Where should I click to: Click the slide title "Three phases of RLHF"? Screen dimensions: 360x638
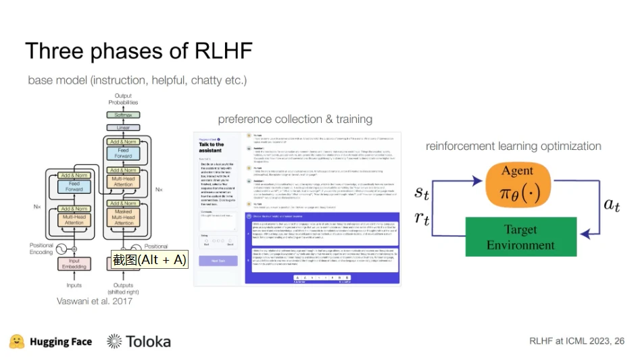pyautogui.click(x=139, y=51)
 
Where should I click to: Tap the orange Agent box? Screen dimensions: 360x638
pyautogui.click(x=517, y=184)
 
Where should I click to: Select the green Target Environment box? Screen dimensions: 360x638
pyautogui.click(x=521, y=236)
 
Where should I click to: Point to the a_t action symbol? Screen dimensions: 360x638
pyautogui.click(x=612, y=205)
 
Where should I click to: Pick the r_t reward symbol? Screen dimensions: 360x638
pyautogui.click(x=422, y=216)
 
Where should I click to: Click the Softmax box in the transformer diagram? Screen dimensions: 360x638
pyautogui.click(x=123, y=115)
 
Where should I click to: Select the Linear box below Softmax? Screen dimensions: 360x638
pyautogui.click(x=123, y=128)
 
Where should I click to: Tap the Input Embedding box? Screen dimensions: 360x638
pyautogui.click(x=74, y=264)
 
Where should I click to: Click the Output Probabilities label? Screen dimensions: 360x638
pyautogui.click(x=123, y=99)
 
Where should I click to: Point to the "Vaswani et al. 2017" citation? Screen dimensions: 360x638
pyautogui.click(x=95, y=301)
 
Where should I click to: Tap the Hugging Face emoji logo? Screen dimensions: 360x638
pyautogui.click(x=16, y=341)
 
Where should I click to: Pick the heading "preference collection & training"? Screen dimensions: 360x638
pyautogui.click(x=295, y=120)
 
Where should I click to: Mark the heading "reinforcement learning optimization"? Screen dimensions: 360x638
pyautogui.click(x=513, y=146)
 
